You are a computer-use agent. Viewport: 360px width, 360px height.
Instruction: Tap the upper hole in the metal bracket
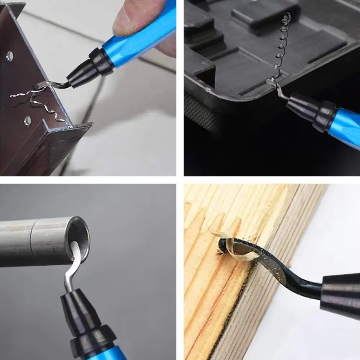[10, 56]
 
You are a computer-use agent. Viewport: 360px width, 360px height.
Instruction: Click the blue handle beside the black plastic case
[347, 126]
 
